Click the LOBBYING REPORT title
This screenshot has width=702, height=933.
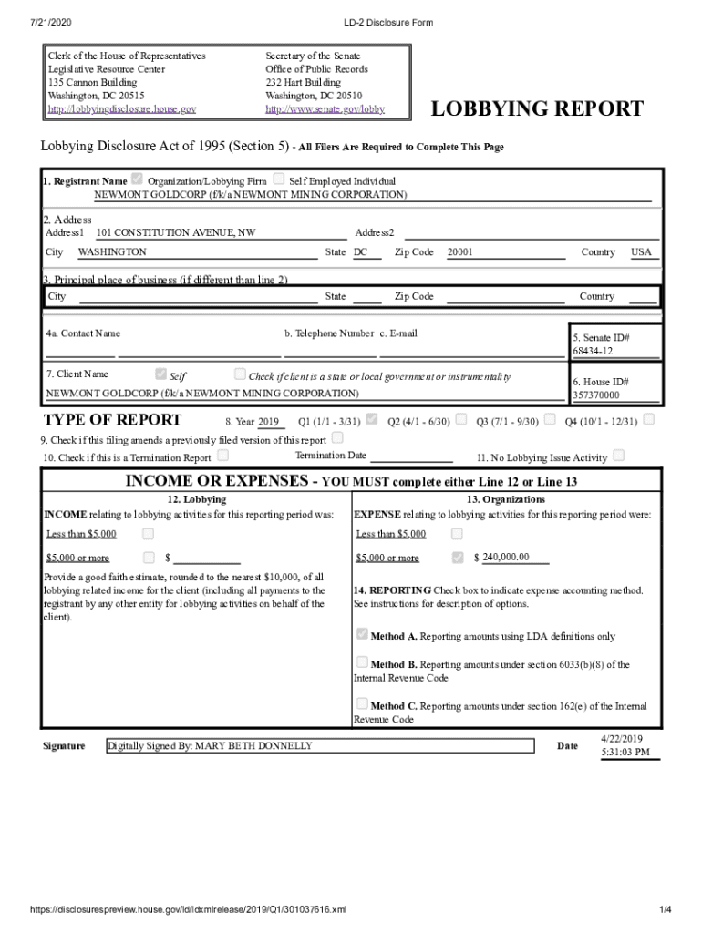click(537, 110)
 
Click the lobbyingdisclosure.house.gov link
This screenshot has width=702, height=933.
click(121, 108)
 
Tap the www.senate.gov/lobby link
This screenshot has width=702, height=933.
click(325, 108)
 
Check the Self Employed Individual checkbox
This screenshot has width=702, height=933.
click(279, 179)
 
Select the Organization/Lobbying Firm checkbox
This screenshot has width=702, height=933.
click(138, 179)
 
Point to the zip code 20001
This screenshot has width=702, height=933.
click(460, 252)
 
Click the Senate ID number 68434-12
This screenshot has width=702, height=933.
click(593, 351)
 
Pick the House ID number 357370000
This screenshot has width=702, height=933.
click(595, 395)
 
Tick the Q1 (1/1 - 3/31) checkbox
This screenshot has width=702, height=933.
click(372, 420)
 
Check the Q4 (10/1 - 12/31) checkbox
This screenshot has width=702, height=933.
click(648, 420)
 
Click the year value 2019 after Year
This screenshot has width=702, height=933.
click(268, 422)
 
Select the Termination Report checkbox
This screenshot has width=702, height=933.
click(223, 456)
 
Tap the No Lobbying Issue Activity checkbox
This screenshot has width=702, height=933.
click(619, 456)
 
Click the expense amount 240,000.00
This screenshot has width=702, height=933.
click(505, 558)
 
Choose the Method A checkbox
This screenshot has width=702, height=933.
click(362, 634)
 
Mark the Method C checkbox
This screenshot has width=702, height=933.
click(362, 703)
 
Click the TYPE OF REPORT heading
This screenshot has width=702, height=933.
click(112, 420)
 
